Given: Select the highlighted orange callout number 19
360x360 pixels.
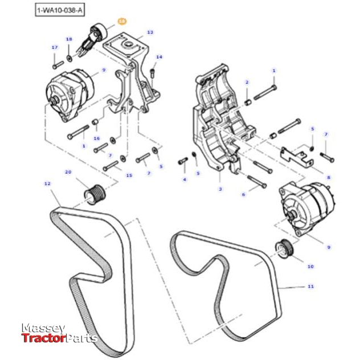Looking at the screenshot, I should tap(122, 21).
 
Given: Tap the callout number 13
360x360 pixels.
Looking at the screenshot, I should tap(150, 32).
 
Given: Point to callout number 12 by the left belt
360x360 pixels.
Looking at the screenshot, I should tap(47, 183).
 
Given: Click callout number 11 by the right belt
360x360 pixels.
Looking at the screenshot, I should tap(310, 287).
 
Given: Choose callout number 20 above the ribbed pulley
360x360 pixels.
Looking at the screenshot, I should tap(68, 172).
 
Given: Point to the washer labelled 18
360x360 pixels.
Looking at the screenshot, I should tap(69, 58).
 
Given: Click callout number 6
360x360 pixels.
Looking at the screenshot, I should tap(243, 195).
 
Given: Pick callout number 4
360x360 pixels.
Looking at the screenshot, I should tap(184, 180).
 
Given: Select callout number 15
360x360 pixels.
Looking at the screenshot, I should tap(129, 175).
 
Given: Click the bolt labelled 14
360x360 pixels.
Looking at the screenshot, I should tap(153, 73).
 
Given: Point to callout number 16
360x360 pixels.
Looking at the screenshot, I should tap(96, 138).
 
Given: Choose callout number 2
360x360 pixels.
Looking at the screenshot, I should tap(247, 83).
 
